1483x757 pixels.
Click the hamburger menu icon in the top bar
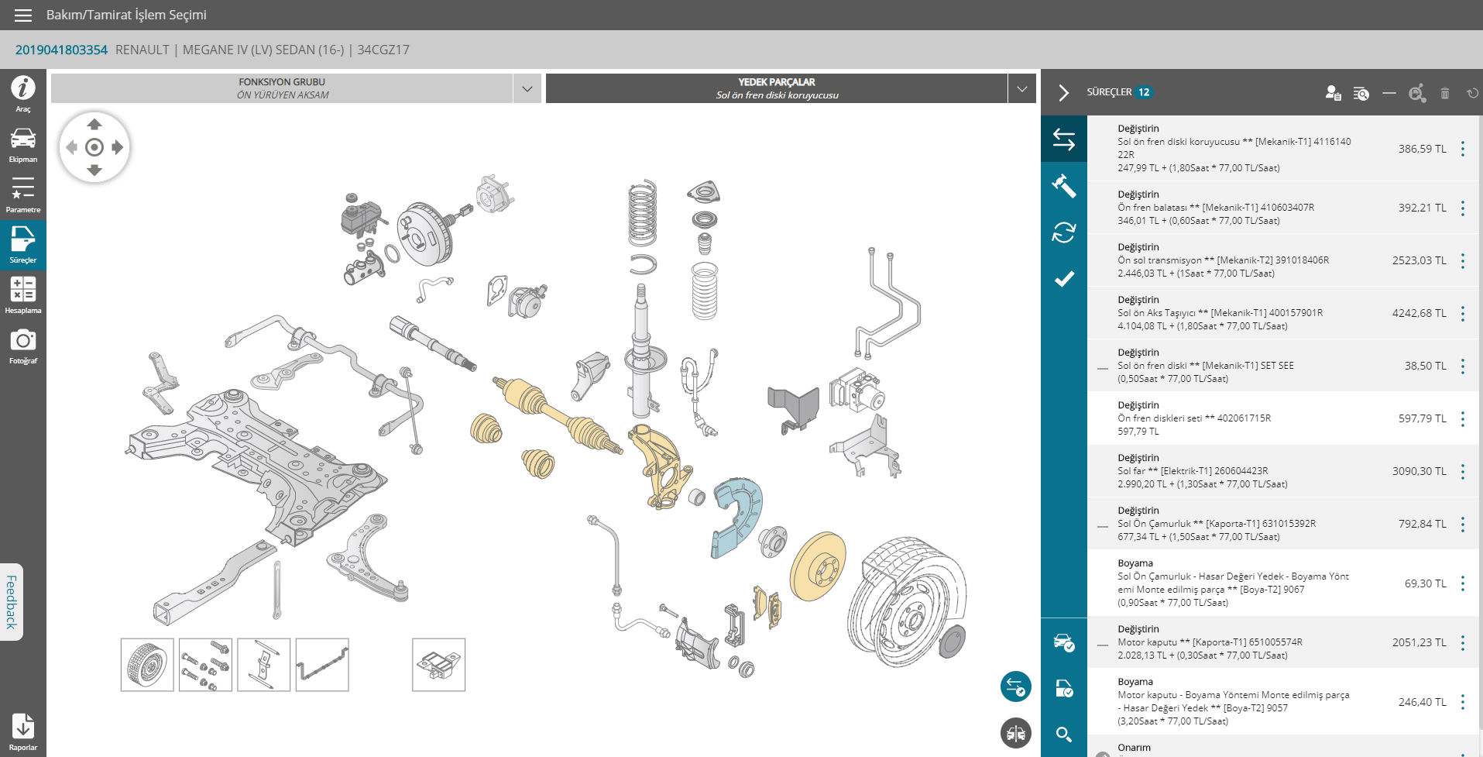pos(23,15)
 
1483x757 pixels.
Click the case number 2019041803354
pos(61,50)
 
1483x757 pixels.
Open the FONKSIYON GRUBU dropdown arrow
pos(527,89)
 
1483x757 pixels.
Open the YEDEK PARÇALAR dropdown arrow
pos(1022,89)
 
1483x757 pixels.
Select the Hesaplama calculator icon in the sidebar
pos(23,289)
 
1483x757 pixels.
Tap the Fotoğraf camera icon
pos(23,339)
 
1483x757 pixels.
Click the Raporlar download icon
pos(23,726)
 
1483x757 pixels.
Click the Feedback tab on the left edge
pos(12,602)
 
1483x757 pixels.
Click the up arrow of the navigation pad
pos(94,124)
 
